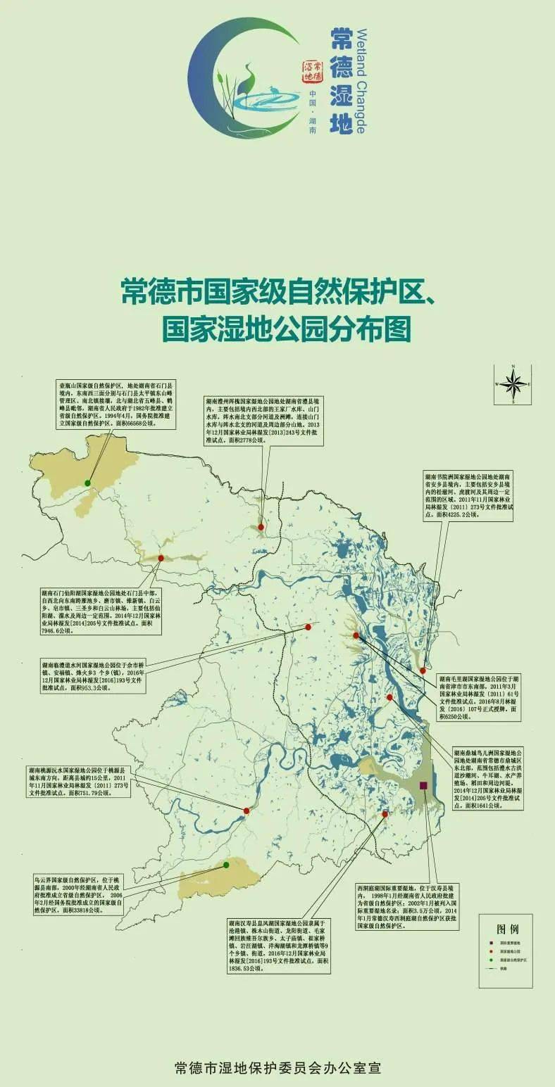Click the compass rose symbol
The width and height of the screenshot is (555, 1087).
(513, 383)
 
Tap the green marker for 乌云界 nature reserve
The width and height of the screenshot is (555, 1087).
(226, 865)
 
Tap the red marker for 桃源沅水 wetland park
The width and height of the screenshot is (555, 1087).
(247, 811)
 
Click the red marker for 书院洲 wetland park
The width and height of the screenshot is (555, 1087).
(423, 670)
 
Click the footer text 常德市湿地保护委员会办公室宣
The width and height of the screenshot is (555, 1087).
(277, 1068)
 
